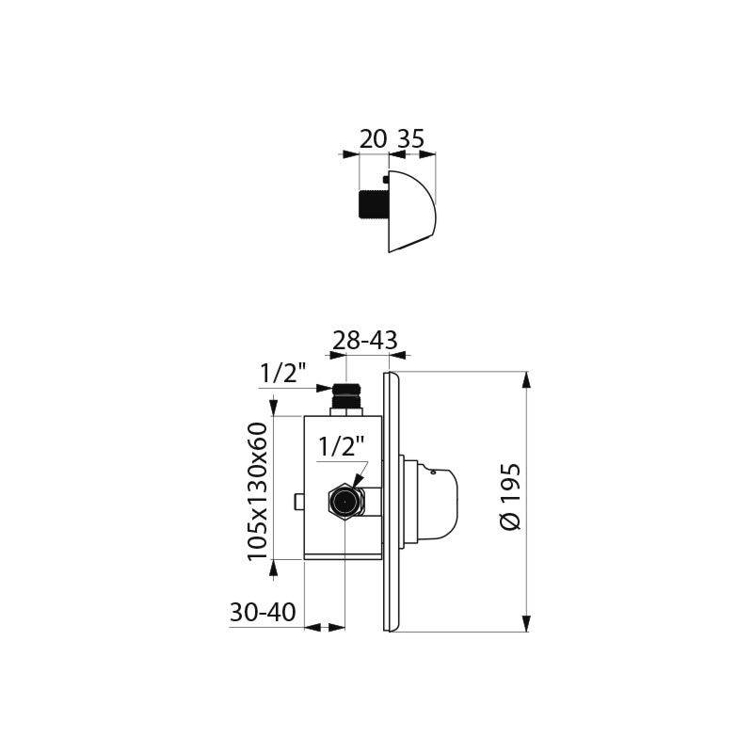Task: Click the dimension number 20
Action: coord(373,139)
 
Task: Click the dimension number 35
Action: coord(410,139)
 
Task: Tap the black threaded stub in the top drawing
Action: coord(374,204)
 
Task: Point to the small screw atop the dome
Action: coord(386,178)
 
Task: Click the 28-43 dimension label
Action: coord(365,340)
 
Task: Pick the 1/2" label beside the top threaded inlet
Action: coord(283,374)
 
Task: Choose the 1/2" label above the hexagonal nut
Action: coord(341,446)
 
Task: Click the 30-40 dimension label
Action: coord(263,613)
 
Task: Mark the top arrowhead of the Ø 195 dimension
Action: coord(526,379)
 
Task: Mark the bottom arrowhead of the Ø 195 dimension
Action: coord(526,623)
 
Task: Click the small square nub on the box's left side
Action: coord(298,502)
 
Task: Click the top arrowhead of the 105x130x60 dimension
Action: coord(274,407)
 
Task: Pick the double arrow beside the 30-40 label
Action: coord(325,626)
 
